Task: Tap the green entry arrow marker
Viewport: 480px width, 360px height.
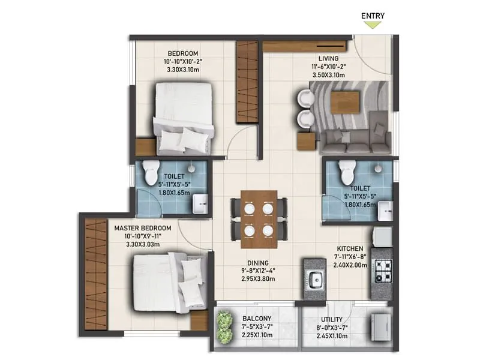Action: tap(373, 25)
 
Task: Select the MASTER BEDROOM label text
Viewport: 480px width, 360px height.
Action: tap(143, 228)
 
